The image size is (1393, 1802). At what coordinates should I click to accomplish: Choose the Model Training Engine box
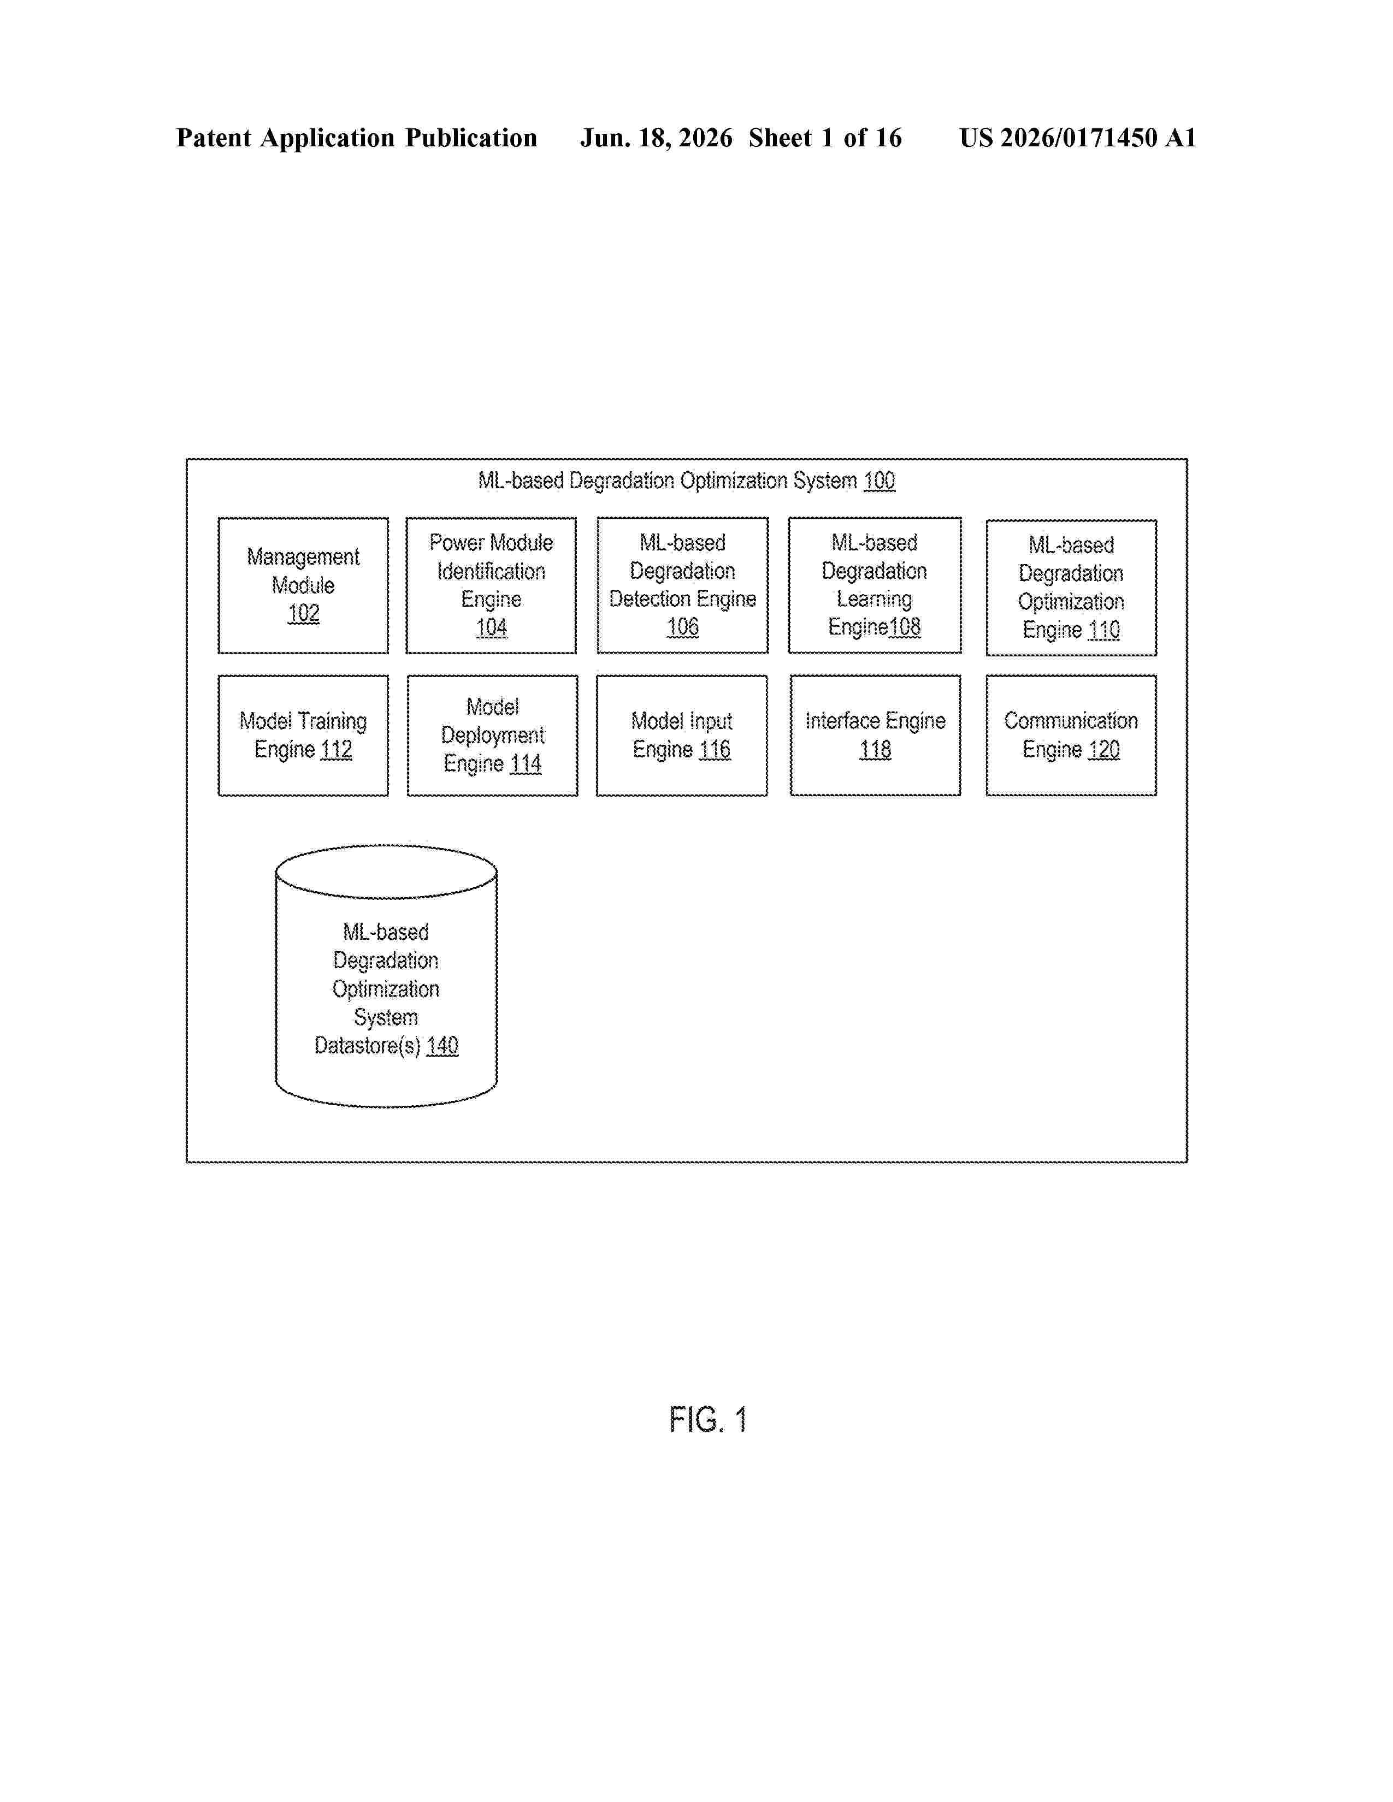point(303,735)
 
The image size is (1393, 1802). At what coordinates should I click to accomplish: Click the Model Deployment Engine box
point(493,735)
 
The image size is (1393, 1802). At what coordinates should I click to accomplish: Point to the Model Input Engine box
point(682,735)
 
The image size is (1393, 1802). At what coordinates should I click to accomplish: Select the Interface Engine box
point(876,735)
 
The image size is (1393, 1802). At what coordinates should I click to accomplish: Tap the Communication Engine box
point(1071,735)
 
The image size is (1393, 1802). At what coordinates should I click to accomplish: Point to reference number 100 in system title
point(879,480)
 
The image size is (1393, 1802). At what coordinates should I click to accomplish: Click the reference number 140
point(442,1045)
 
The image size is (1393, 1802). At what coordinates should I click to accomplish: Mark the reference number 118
point(876,749)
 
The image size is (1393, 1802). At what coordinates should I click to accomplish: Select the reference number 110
point(1104,630)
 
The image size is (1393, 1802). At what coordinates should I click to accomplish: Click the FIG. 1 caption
point(708,1420)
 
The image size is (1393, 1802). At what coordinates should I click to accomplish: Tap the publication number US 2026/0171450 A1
point(1078,138)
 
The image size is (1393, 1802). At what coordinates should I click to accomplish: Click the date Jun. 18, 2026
point(656,138)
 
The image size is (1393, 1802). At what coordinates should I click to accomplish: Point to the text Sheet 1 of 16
point(825,138)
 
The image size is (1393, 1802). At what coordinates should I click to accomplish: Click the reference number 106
point(682,627)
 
